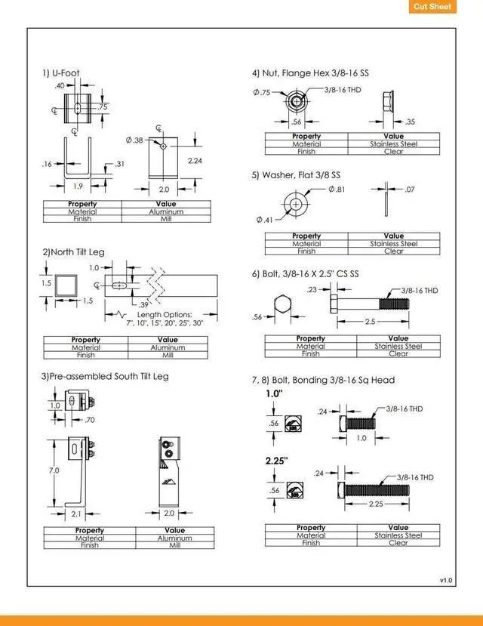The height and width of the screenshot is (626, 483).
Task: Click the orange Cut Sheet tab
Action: (433, 7)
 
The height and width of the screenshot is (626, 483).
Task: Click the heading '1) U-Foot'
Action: (60, 73)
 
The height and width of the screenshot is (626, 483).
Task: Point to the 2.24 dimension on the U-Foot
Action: (195, 160)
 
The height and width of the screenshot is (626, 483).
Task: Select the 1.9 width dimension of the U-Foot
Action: (78, 186)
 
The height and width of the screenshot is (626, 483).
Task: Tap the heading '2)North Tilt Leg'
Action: (73, 251)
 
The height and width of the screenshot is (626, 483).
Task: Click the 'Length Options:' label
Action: (165, 314)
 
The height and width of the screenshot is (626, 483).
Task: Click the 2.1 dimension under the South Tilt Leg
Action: (77, 513)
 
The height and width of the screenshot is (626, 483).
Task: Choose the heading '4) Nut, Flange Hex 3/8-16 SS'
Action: (310, 73)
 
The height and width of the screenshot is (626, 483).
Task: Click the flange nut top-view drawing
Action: (296, 100)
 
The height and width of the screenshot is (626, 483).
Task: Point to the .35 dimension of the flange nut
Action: (410, 122)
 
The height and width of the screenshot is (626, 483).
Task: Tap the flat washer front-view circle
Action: (296, 204)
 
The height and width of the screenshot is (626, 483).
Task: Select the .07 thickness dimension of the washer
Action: (410, 189)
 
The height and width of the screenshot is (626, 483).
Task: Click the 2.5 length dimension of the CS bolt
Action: (370, 322)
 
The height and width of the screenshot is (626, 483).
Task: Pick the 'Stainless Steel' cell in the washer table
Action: (393, 244)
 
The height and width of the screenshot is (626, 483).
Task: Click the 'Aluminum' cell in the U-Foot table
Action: (166, 212)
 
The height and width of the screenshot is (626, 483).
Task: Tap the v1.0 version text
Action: (446, 580)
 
